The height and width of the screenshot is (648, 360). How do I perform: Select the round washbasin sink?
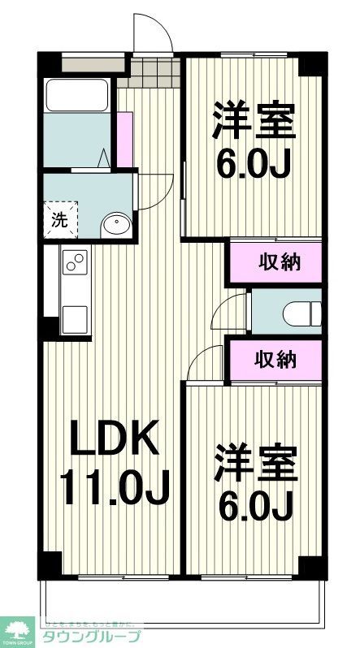(x=116, y=223)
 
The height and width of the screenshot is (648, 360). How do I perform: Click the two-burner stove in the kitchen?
(x=75, y=263)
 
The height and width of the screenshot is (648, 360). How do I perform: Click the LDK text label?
(x=113, y=442)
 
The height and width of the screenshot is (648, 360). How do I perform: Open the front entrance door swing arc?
(x=153, y=32)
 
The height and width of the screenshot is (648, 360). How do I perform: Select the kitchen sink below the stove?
(x=74, y=314)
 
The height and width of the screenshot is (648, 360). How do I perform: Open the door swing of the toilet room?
(x=235, y=309)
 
